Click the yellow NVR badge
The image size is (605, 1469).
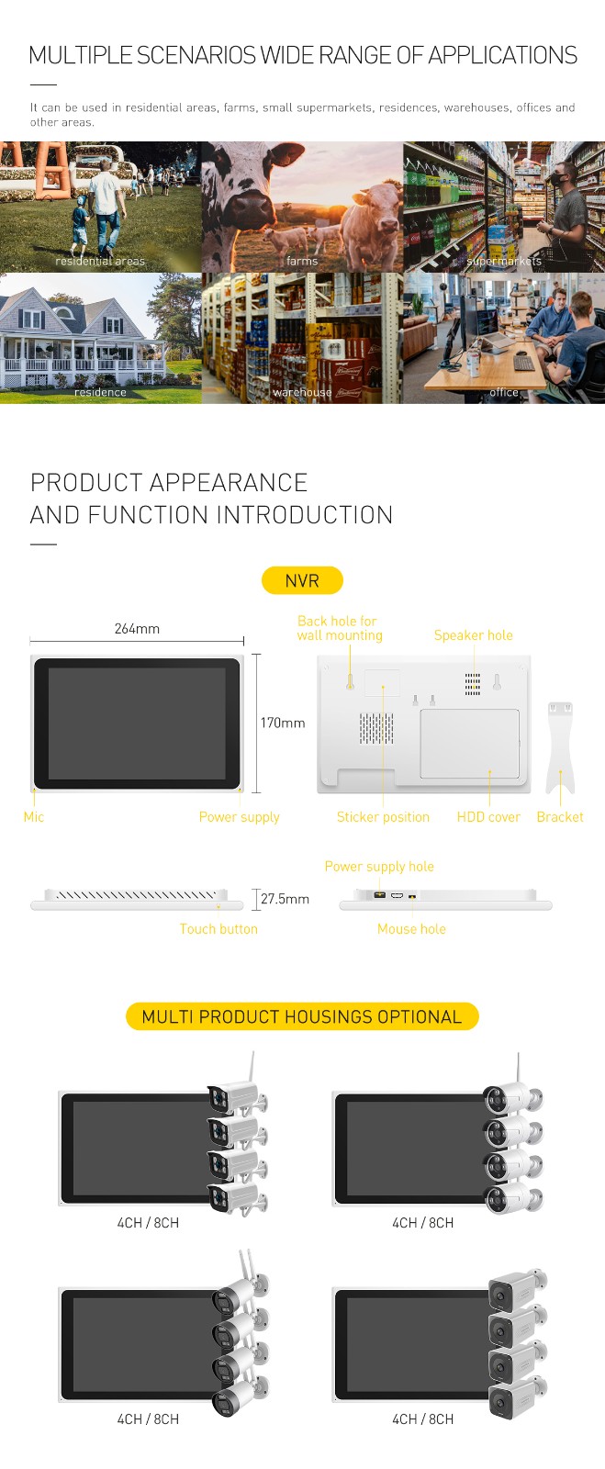point(302,580)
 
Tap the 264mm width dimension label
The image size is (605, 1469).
point(137,628)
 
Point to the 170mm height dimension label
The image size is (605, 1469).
point(283,723)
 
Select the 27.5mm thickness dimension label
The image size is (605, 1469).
point(286,899)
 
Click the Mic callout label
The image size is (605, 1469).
point(33,816)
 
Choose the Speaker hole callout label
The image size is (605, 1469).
point(473,634)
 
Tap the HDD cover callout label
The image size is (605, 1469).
point(488,816)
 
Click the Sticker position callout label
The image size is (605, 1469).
point(383,817)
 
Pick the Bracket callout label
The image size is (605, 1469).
point(560,816)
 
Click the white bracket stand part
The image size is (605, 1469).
point(560,747)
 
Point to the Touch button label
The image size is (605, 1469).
point(218,928)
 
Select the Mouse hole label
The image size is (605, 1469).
point(411,928)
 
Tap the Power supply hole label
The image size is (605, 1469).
point(379,867)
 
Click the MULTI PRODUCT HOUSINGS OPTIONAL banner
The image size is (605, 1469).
point(302,1016)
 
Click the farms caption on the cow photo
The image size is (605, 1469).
point(302,261)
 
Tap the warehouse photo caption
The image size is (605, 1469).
point(302,392)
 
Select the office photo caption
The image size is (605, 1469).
point(504,392)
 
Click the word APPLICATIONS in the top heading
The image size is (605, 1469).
point(503,55)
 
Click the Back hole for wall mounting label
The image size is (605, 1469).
point(340,628)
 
